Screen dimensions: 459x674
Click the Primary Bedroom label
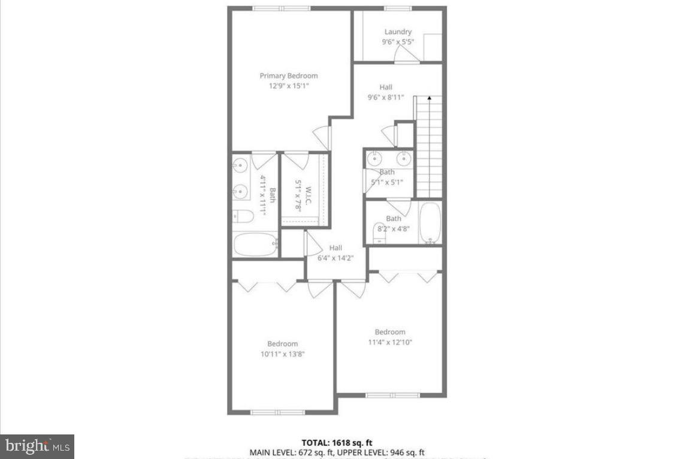288,76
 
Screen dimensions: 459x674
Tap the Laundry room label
398,32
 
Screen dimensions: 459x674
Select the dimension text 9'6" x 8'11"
385,97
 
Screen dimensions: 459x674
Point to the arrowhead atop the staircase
429,98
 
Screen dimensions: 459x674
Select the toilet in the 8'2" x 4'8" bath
380,231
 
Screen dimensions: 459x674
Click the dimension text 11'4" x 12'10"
390,342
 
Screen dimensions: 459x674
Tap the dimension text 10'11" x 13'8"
282,354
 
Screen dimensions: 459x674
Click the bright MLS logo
37,446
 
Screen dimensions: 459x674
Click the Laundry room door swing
406,56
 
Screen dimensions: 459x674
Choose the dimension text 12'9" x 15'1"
288,86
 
